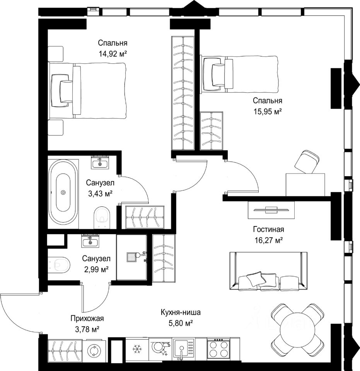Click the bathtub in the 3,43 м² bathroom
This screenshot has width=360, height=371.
pos(63,192)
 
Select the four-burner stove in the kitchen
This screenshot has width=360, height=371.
pos(218,349)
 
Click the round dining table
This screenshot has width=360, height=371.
pos(297,330)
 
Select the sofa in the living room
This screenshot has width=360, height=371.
pos(268,271)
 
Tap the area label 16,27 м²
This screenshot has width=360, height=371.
pos(268,241)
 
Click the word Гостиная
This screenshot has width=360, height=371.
pos(268,229)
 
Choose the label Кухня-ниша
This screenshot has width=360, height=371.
pos(181,312)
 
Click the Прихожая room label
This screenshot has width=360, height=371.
pos(87,318)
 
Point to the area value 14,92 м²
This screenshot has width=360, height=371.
pos(113,54)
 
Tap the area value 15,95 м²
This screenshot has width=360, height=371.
pos(268,111)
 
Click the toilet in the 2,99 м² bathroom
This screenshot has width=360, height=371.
pos(59,264)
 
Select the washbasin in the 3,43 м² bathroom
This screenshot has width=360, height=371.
pos(100,163)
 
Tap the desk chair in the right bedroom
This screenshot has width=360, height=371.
pos(307,162)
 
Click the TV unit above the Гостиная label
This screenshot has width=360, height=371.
pos(271,209)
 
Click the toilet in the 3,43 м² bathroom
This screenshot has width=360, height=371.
pos(102,216)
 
